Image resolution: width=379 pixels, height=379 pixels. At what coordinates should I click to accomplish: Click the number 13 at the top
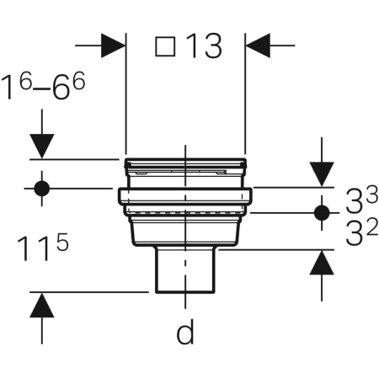(203, 47)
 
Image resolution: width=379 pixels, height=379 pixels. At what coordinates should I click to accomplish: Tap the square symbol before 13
(166, 48)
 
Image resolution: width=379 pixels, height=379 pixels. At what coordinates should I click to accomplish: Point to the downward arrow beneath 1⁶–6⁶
(43, 146)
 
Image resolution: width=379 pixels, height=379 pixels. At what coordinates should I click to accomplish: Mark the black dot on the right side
(321, 211)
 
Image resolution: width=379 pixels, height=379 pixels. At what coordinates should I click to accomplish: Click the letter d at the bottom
(185, 334)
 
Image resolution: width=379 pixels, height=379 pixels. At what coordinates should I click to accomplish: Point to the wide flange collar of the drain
(185, 197)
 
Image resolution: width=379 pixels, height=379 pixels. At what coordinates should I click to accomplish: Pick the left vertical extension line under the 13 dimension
(125, 101)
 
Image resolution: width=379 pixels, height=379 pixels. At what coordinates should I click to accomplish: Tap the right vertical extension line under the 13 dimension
(245, 101)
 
